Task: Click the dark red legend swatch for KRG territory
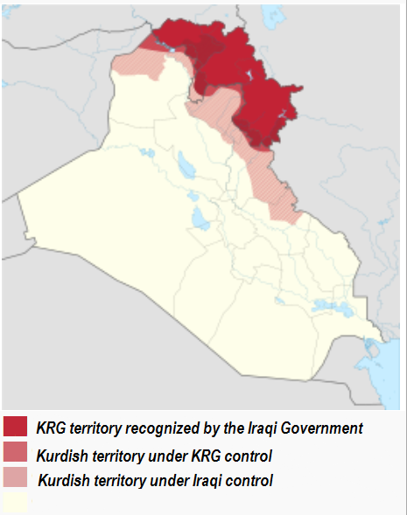pyautogui.click(x=16, y=426)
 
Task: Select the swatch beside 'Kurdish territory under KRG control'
pyautogui.click(x=16, y=454)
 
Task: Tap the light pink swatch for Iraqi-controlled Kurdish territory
pyautogui.click(x=16, y=479)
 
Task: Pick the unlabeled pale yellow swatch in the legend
pyautogui.click(x=16, y=503)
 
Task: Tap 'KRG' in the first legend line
pyautogui.click(x=53, y=428)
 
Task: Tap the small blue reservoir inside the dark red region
pyautogui.click(x=172, y=52)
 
